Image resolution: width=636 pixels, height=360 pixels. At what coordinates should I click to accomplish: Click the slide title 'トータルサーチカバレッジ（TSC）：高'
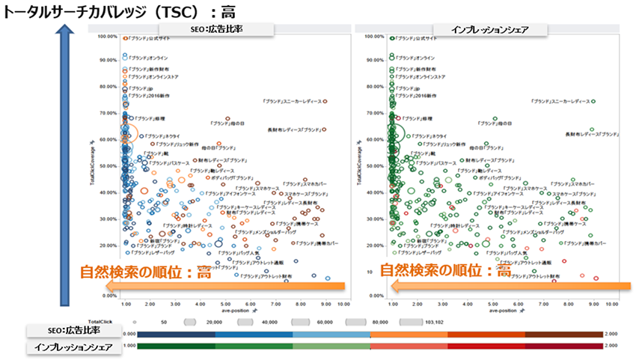(x=113, y=12)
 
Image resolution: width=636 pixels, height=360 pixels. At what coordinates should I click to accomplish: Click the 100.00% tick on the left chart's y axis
(x=107, y=36)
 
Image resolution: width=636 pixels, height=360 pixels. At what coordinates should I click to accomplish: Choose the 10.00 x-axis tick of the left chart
(x=343, y=304)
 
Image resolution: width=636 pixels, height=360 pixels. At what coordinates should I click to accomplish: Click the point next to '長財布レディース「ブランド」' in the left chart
(x=325, y=129)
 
